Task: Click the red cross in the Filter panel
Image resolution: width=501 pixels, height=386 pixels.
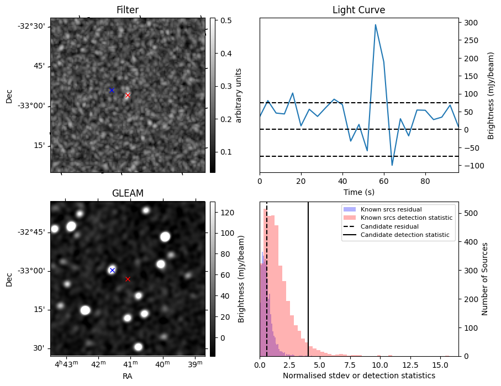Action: (x=128, y=95)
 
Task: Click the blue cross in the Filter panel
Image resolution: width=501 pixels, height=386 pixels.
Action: (x=112, y=90)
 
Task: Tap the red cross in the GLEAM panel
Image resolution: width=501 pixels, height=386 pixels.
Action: (x=128, y=279)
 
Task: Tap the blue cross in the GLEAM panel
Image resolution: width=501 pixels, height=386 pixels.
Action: (x=112, y=270)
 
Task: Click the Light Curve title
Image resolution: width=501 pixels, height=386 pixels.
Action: (x=358, y=10)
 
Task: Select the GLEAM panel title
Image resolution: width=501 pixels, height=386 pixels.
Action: (x=128, y=193)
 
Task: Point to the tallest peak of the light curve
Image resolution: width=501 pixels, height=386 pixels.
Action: (x=376, y=24)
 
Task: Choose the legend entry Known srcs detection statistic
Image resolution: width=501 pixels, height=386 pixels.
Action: (x=406, y=218)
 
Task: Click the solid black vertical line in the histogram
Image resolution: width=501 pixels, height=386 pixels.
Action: (x=308, y=276)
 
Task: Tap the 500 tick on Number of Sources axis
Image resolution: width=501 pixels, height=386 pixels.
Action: (x=470, y=213)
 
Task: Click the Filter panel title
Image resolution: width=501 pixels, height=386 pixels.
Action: (x=128, y=10)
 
